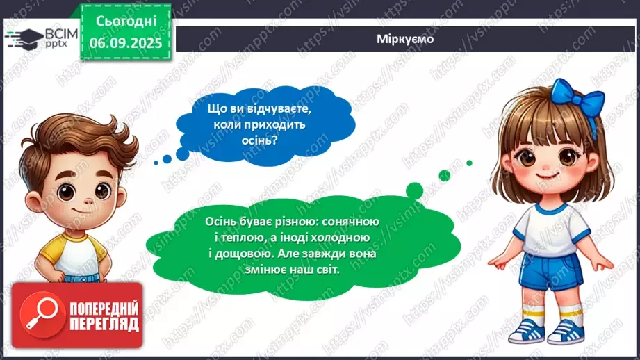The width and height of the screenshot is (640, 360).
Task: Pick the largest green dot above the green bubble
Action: [414, 190]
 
